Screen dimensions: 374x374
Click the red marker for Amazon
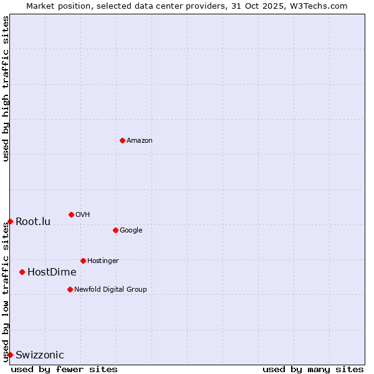pyautogui.click(x=122, y=140)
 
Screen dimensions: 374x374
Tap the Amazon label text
pyautogui.click(x=140, y=141)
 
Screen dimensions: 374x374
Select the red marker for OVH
pyautogui.click(x=71, y=214)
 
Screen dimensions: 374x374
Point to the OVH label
pyautogui.click(x=83, y=215)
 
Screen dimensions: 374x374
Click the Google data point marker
pyautogui.click(x=115, y=230)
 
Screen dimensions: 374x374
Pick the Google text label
pyautogui.click(x=131, y=231)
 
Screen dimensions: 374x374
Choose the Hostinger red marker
pyautogui.click(x=83, y=261)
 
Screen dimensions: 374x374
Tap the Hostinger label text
pyautogui.click(x=103, y=261)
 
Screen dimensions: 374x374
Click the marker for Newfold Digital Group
pyautogui.click(x=70, y=289)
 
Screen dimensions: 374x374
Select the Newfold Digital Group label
pyautogui.click(x=110, y=290)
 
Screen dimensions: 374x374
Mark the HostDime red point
pyautogui.click(x=22, y=272)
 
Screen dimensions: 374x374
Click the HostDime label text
pyautogui.click(x=52, y=272)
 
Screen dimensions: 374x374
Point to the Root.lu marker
pyautogui.click(x=10, y=221)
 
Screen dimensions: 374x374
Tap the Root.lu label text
pyautogui.click(x=33, y=222)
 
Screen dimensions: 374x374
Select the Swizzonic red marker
pyautogui.click(x=10, y=355)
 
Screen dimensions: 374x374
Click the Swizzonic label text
pyautogui.click(x=40, y=355)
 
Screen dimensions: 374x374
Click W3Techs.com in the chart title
pyautogui.click(x=321, y=6)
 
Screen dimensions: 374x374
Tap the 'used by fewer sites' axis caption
pyautogui.click(x=64, y=369)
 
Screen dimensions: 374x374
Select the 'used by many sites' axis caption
pyautogui.click(x=313, y=369)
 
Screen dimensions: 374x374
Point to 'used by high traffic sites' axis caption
pyautogui.click(x=6, y=89)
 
